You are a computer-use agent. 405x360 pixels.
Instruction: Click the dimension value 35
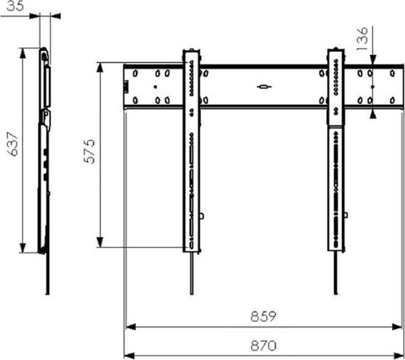point(11,7)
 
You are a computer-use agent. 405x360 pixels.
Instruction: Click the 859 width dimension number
point(263,317)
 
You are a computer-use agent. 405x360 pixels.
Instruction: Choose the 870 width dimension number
point(263,345)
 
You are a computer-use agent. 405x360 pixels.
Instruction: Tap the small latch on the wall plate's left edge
point(127,86)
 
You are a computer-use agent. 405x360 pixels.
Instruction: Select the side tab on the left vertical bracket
point(202,215)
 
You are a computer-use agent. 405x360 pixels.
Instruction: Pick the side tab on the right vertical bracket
point(346,215)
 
